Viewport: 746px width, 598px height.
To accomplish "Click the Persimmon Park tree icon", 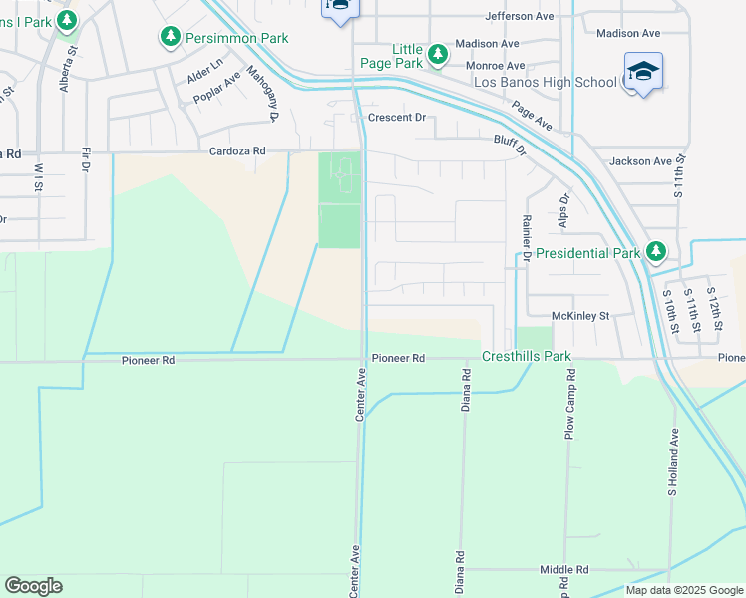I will (171, 37).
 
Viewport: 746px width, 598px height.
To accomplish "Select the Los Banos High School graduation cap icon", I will (643, 71).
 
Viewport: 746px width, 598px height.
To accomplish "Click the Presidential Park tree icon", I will (655, 250).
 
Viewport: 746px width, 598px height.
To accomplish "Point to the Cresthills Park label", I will (527, 356).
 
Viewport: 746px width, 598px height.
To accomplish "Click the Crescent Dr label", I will (396, 118).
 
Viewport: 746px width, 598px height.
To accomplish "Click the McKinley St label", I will (579, 316).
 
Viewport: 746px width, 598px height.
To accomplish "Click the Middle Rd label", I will (563, 570).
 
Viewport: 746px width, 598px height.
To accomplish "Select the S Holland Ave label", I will (674, 463).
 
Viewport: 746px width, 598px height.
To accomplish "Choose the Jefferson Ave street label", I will (519, 16).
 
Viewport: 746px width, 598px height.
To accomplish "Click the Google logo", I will (33, 586).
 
